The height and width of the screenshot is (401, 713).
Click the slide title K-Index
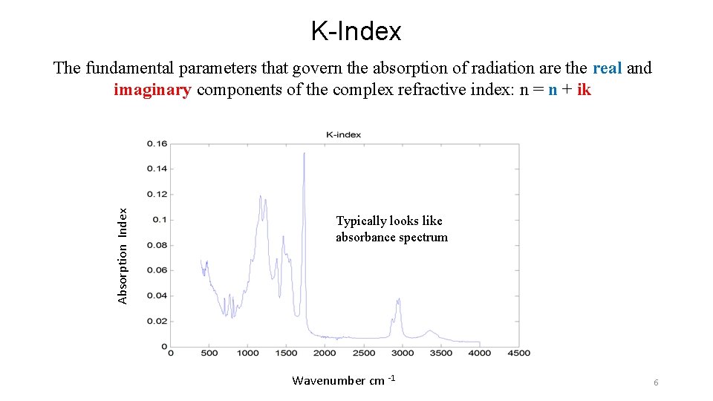356,31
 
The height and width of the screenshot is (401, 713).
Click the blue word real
608,68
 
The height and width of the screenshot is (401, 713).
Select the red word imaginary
152,91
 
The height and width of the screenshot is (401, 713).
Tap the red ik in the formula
584,91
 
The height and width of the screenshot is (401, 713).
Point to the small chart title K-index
344,134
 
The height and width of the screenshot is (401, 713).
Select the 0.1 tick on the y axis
160,220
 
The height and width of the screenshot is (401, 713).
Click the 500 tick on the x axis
209,353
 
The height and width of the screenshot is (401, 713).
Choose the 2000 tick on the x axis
325,353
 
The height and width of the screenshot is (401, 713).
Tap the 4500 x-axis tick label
518,353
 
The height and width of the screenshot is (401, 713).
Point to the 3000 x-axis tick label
403,353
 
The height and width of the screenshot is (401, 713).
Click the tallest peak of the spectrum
304,154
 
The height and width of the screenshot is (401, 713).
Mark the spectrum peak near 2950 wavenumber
399,299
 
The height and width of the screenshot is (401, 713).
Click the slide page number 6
656,382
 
